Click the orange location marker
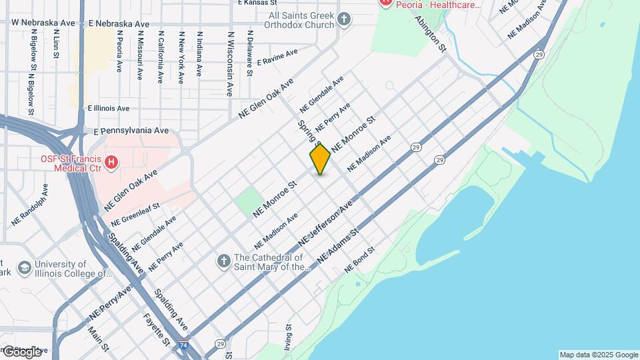(320, 159)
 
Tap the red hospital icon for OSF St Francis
(111, 161)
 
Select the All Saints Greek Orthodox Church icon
(344, 19)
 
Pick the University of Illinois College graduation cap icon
(25, 268)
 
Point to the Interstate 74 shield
(183, 347)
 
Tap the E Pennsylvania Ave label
(131, 131)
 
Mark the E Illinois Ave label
(108, 108)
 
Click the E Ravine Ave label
(277, 56)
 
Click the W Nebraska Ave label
(43, 22)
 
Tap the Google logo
(22, 352)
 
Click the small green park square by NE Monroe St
(248, 202)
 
